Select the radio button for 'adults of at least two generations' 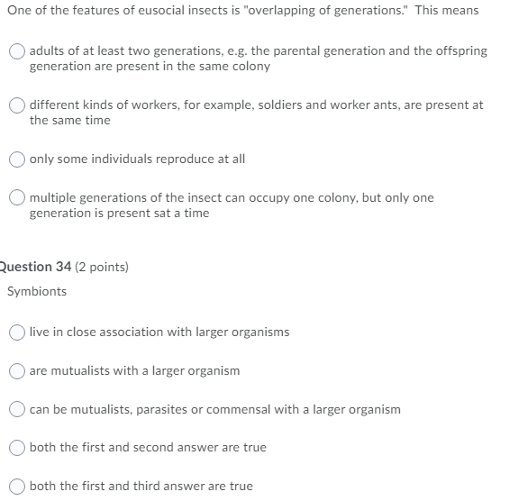tap(18, 51)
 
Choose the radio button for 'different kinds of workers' tap(18, 105)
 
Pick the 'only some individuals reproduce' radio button tap(18, 159)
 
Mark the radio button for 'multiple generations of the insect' tap(18, 198)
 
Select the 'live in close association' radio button tap(18, 332)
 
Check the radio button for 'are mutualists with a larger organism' tap(18, 371)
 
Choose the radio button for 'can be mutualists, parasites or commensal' tap(18, 410)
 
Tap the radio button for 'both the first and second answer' tap(18, 448)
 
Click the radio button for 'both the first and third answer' tap(18, 487)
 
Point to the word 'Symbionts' tap(37, 292)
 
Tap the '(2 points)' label tap(100, 268)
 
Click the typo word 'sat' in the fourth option tap(148, 214)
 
